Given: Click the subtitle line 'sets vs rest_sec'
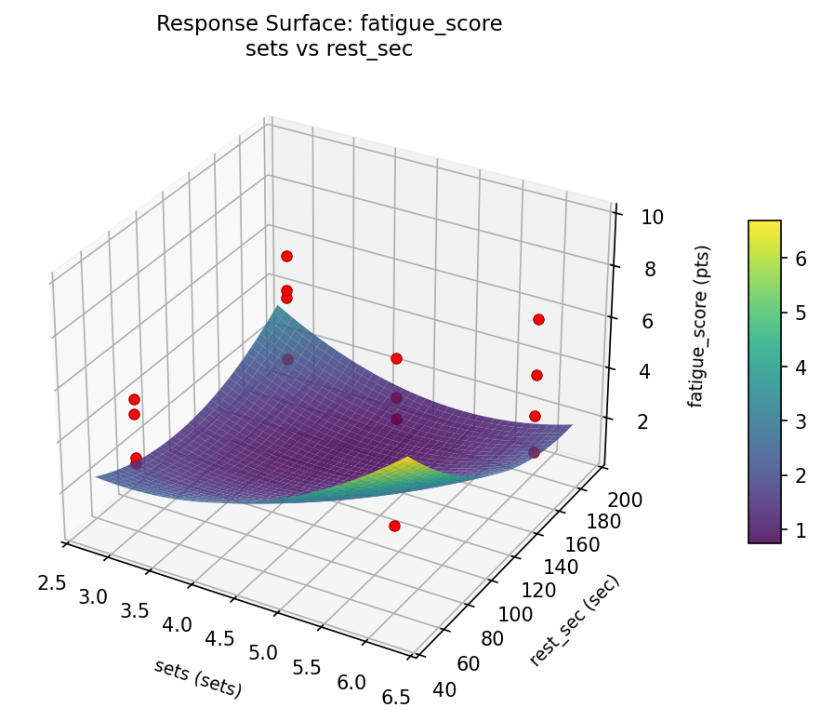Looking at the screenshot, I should (x=329, y=50).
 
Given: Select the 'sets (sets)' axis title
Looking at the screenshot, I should (x=198, y=678).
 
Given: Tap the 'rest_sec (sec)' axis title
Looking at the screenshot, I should (x=574, y=621).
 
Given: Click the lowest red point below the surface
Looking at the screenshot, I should (x=394, y=526).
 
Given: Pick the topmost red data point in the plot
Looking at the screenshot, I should (x=286, y=256).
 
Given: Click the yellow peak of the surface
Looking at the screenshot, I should (x=407, y=460).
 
